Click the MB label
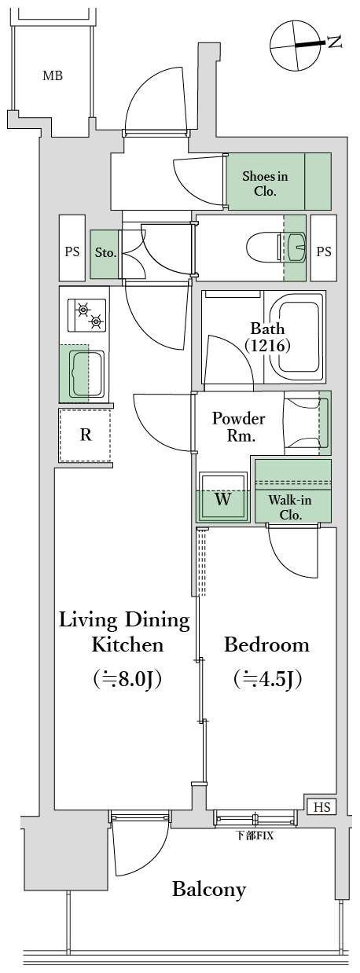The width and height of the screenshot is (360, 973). pyautogui.click(x=53, y=76)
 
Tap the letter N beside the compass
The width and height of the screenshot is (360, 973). pyautogui.click(x=334, y=42)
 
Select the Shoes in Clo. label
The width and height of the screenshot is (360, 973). pyautogui.click(x=265, y=183)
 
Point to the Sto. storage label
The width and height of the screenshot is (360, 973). pyautogui.click(x=105, y=252)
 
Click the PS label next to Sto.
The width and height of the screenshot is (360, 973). pyautogui.click(x=72, y=252)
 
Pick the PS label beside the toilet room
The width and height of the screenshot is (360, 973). pyautogui.click(x=324, y=252)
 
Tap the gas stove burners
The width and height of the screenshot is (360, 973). pyautogui.click(x=86, y=315)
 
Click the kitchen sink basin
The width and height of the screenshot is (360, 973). pyautogui.click(x=86, y=373)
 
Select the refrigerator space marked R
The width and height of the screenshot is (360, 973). pyautogui.click(x=86, y=435)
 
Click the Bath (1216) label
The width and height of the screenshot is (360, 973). pyautogui.click(x=266, y=336)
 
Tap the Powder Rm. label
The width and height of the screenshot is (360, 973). pyautogui.click(x=238, y=427)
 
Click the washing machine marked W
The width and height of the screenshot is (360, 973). pyautogui.click(x=223, y=498)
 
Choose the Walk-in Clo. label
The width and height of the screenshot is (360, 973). pyautogui.click(x=290, y=507)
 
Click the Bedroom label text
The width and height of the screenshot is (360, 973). pyautogui.click(x=266, y=644)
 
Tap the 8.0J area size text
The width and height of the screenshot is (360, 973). pyautogui.click(x=127, y=679)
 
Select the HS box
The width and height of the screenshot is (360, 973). pyautogui.click(x=322, y=806)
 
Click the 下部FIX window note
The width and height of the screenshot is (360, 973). pyautogui.click(x=254, y=835)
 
